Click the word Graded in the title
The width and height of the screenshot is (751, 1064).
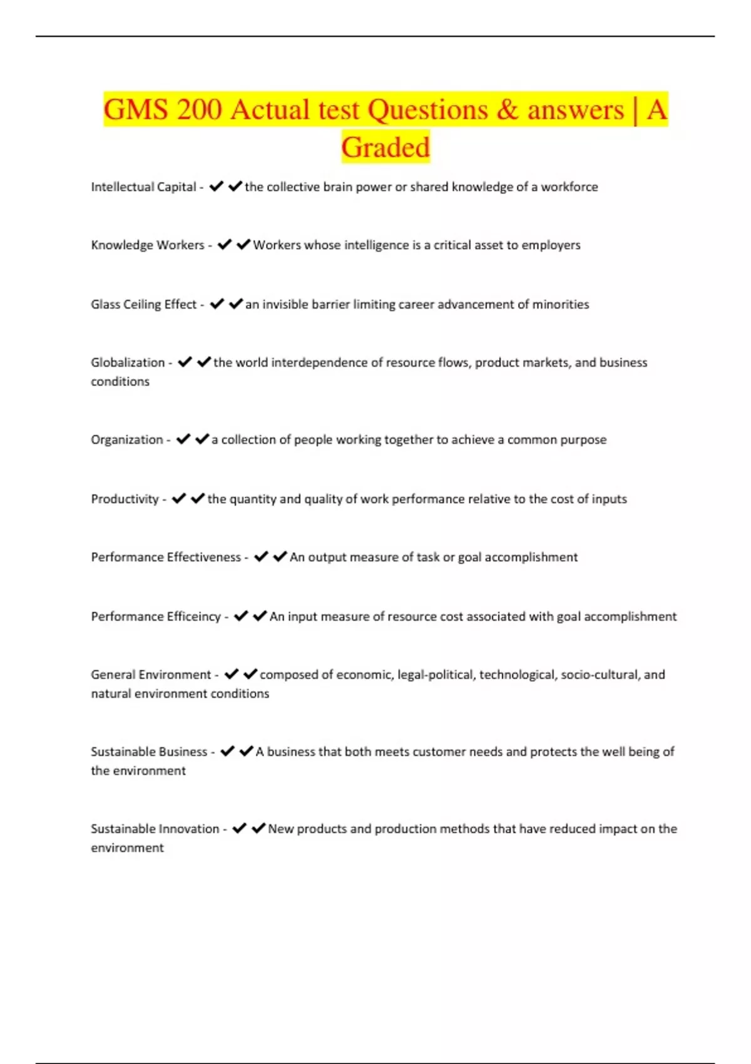(386, 148)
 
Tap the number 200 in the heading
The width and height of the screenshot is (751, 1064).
(199, 110)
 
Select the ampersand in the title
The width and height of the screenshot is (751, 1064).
(507, 110)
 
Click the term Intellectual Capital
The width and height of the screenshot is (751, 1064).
(143, 187)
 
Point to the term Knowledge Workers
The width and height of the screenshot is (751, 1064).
(148, 245)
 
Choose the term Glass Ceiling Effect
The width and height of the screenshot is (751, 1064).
(144, 305)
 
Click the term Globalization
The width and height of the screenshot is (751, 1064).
(128, 363)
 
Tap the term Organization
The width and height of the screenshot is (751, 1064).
(127, 440)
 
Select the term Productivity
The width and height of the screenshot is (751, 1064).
(125, 499)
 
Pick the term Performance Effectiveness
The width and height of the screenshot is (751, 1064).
(166, 558)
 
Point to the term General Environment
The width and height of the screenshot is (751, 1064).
(151, 675)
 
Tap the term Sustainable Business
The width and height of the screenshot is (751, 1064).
(149, 752)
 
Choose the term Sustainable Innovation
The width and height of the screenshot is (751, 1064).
(155, 829)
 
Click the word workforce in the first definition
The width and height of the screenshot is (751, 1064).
(569, 187)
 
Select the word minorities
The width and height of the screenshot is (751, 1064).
(561, 305)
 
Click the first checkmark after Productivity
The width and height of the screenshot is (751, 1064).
(179, 499)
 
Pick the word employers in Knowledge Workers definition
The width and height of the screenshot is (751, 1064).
(551, 245)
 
